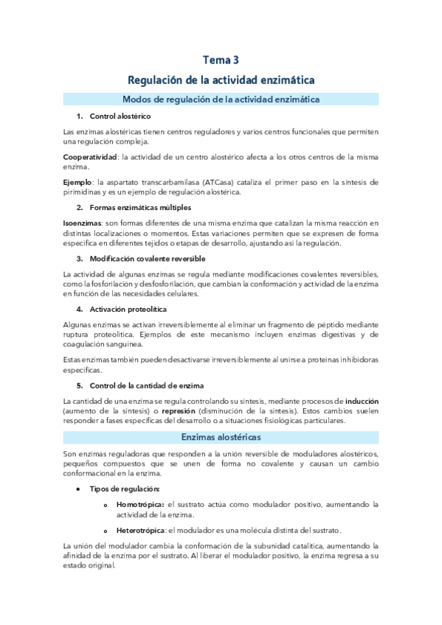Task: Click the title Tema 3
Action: click(x=221, y=60)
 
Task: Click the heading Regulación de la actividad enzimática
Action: click(x=221, y=79)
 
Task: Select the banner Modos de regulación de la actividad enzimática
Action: click(x=221, y=99)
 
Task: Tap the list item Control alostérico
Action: click(x=120, y=116)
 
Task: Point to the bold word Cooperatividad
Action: click(x=90, y=157)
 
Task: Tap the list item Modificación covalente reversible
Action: click(x=148, y=259)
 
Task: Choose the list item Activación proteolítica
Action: click(x=128, y=309)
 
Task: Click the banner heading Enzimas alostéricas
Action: click(x=221, y=437)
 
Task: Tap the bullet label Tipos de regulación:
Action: click(x=124, y=489)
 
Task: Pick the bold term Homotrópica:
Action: click(x=140, y=504)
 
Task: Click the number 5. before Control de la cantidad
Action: click(x=80, y=385)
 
